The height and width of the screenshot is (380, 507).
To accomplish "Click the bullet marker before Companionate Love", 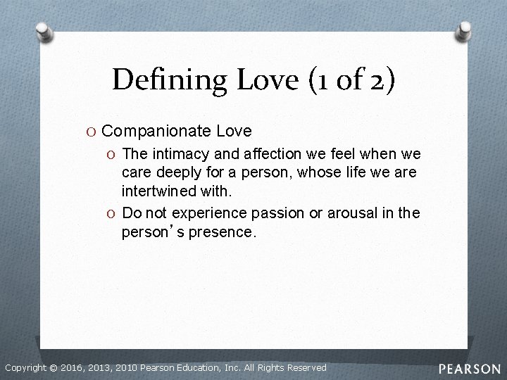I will (x=93, y=132).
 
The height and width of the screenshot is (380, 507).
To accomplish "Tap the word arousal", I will (x=337, y=213).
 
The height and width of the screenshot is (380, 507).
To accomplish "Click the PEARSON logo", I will (x=470, y=368).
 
